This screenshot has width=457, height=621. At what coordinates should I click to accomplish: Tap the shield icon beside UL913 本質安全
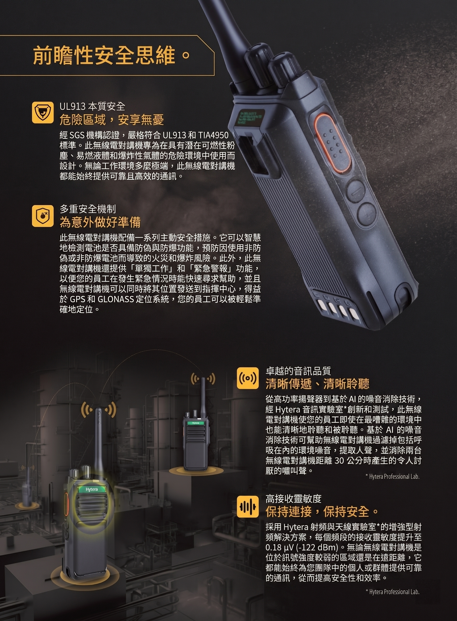pyautogui.click(x=43, y=112)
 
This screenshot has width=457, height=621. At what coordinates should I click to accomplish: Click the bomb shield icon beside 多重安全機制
pyautogui.click(x=43, y=216)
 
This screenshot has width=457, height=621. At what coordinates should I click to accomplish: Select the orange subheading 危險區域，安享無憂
pyautogui.click(x=112, y=120)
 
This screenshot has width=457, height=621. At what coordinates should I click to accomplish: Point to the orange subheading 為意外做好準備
pyautogui.click(x=100, y=222)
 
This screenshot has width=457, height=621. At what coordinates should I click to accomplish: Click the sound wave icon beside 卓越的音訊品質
pyautogui.click(x=248, y=378)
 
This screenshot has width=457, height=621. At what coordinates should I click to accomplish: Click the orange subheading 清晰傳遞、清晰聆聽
pyautogui.click(x=317, y=384)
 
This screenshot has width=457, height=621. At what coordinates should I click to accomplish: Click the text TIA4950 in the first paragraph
pyautogui.click(x=213, y=135)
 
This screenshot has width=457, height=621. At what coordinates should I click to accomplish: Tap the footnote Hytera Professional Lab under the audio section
pyautogui.click(x=393, y=477)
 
